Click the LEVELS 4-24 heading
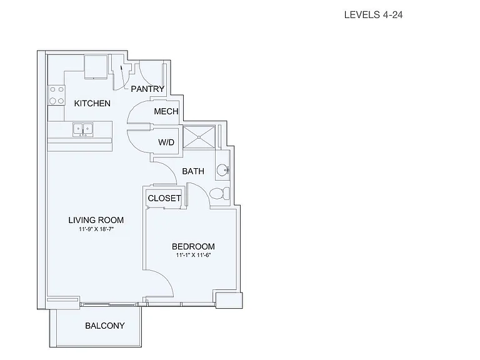coord(373,15)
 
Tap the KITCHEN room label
coord(92,104)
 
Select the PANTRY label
coord(147,89)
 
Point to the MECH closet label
coord(166,111)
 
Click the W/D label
coord(166,142)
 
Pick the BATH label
coord(193,171)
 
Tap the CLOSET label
coord(164,198)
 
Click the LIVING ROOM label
coord(96,220)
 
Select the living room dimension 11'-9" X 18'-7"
coord(96,229)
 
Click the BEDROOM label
coord(193,246)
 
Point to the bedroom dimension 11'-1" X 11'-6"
coord(194,255)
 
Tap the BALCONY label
coord(105,326)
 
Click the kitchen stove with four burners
coord(57,95)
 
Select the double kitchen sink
coord(83,129)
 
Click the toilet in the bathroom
coord(220,194)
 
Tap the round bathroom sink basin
coord(222,169)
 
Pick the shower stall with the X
coord(199,137)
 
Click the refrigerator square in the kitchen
coord(96,66)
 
